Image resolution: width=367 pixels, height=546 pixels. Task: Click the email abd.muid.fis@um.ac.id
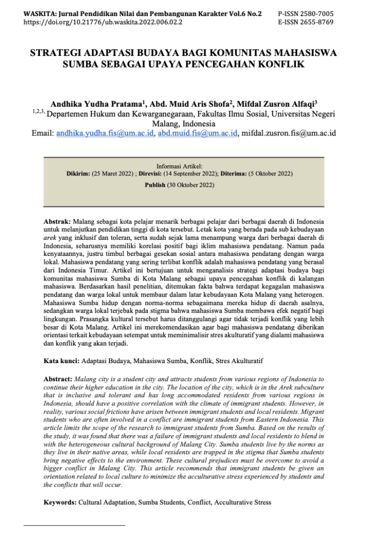pyautogui.click(x=197, y=133)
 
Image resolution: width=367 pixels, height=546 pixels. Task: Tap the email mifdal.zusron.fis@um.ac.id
pyautogui.click(x=289, y=133)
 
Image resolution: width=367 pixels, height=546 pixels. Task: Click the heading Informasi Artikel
pyautogui.click(x=179, y=166)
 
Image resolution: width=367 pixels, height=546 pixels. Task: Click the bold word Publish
pyautogui.click(x=155, y=185)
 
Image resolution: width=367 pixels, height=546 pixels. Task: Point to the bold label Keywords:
pyautogui.click(x=60, y=502)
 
